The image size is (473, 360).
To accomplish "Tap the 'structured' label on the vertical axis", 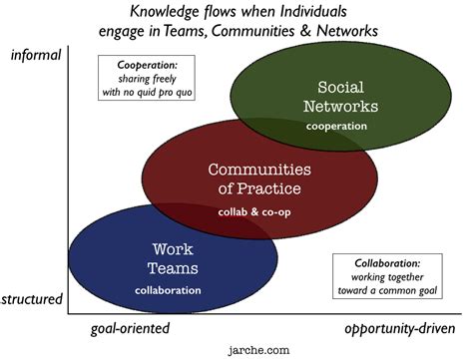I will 33,298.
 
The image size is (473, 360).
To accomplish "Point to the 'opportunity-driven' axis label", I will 402,327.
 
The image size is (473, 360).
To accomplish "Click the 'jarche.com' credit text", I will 257,350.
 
